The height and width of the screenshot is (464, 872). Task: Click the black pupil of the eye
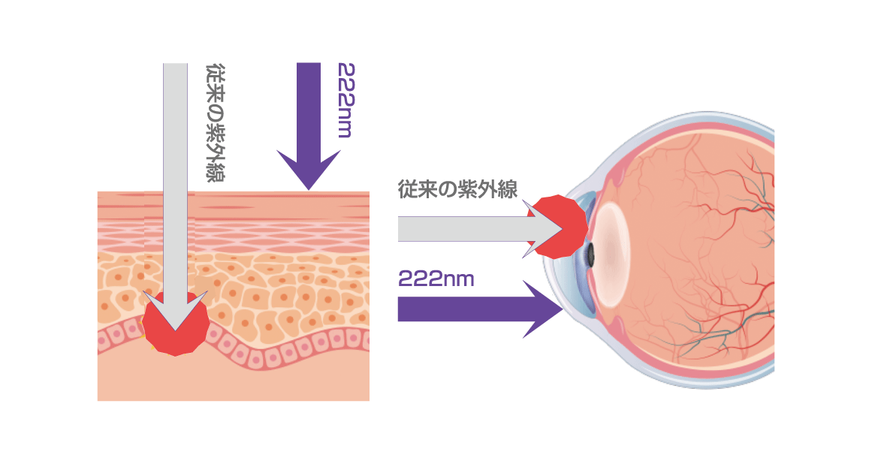tap(591, 255)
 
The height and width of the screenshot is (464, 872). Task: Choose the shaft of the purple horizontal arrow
tap(458, 309)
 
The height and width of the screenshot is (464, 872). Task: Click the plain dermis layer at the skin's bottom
tap(233, 383)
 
